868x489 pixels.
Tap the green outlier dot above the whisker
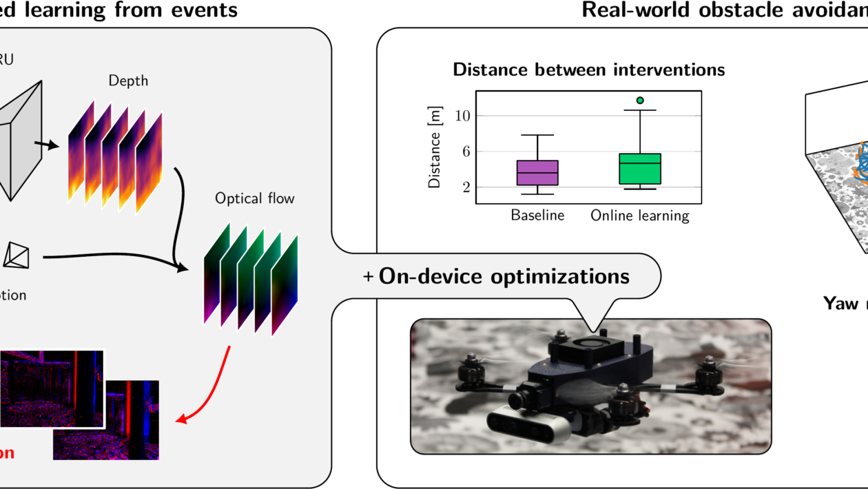point(640,101)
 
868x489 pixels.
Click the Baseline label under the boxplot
point(537,215)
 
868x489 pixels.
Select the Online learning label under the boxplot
point(640,216)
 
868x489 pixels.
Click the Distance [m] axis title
point(435,147)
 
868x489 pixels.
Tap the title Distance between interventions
point(588,70)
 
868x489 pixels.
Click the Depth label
point(128,81)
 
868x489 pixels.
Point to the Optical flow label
point(254,199)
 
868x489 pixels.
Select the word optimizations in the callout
point(559,276)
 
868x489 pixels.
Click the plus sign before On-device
point(369,277)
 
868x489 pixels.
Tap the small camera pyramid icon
point(17,255)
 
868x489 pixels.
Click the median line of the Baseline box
point(537,173)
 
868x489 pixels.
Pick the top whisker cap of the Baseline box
point(537,135)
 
